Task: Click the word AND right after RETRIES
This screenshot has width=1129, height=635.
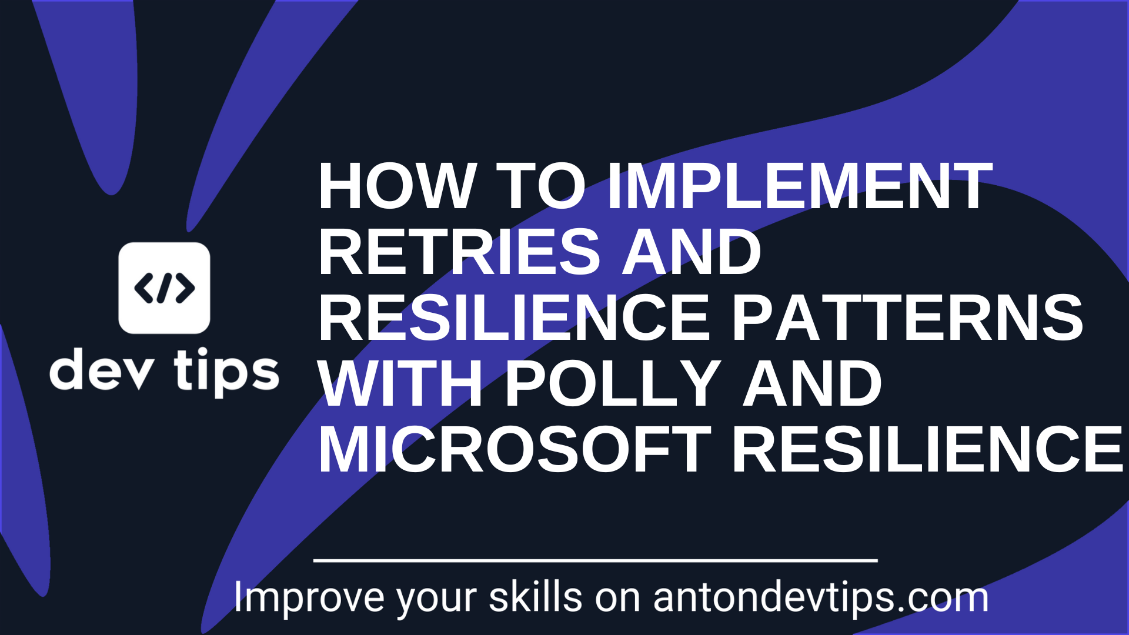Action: click(x=692, y=252)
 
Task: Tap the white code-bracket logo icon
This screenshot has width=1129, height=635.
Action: click(x=164, y=288)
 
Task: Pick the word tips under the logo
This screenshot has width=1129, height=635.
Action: click(x=226, y=372)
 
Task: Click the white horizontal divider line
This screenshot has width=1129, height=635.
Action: click(x=595, y=561)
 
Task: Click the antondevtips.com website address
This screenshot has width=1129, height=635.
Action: click(x=821, y=598)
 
